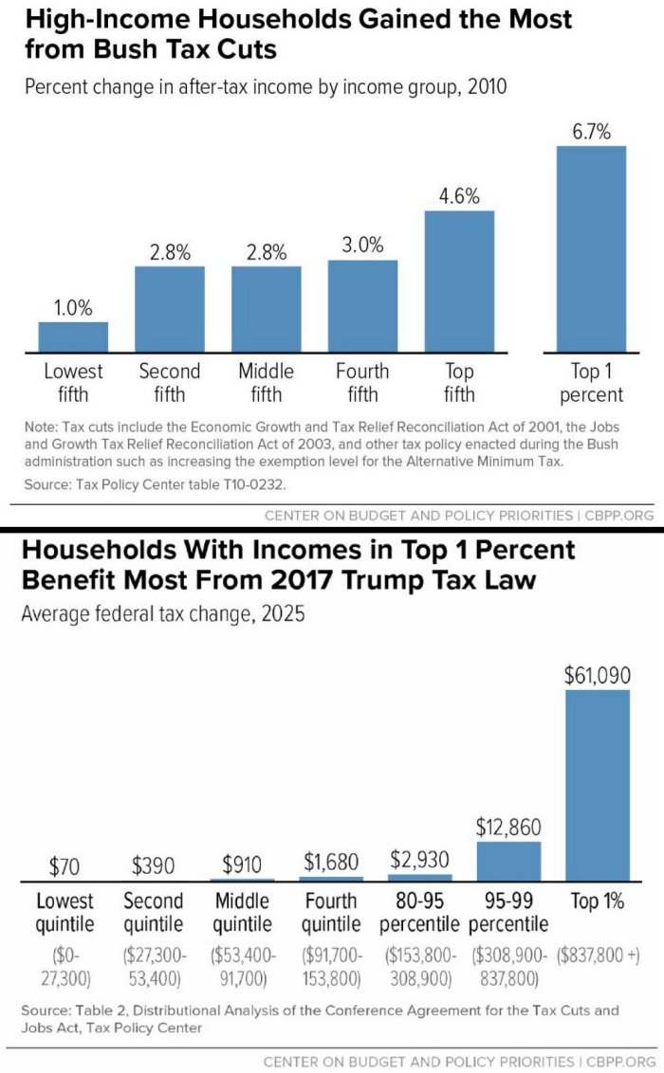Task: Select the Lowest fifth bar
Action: (x=73, y=337)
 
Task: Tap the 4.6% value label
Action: (x=459, y=196)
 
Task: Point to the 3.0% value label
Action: (x=362, y=246)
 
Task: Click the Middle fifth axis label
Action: (x=266, y=382)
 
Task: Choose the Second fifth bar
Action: (x=170, y=309)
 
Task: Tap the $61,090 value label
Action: (x=597, y=675)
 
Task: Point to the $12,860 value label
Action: (x=508, y=827)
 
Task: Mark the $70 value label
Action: (x=65, y=866)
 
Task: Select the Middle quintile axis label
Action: (x=243, y=912)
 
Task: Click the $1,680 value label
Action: (x=331, y=862)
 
